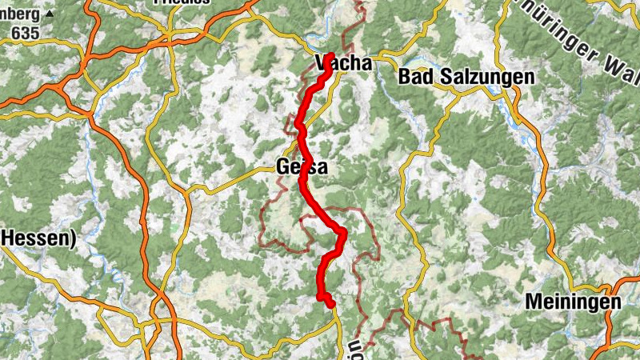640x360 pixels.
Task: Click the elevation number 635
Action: (x=26, y=33)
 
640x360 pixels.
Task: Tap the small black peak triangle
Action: (x=50, y=14)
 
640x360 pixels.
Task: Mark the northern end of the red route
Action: (x=330, y=56)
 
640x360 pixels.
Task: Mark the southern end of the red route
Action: (x=330, y=305)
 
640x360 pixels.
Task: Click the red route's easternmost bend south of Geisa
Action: (x=342, y=233)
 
